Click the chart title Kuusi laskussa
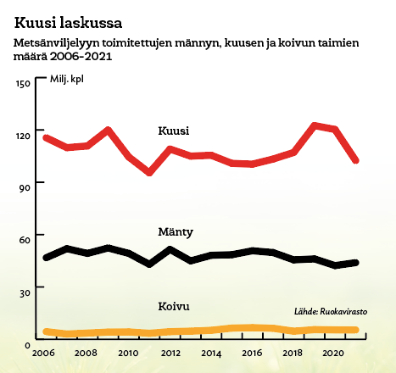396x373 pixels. pos(68,23)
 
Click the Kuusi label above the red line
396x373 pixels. pos(173,131)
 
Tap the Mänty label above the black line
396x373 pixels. pos(176,232)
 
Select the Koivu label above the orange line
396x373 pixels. pos(174,306)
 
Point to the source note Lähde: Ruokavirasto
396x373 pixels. pos(331,311)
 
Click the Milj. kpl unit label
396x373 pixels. pos(67,79)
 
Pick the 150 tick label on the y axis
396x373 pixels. pos(23,83)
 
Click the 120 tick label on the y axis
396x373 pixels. pos(23,136)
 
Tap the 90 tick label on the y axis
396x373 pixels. pos(25,188)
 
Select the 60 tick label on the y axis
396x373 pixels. pos(25,240)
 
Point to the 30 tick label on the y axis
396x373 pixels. pos(25,293)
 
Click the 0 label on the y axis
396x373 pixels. pos(27,345)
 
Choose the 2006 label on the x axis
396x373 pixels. pos(43,353)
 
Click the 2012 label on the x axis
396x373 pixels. pos(170,353)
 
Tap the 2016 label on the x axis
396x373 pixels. pos(252,353)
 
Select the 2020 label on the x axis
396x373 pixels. pos(333,353)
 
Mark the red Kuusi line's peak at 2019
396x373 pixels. pos(315,125)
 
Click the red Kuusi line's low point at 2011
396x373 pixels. pos(149,172)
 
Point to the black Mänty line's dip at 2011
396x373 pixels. pos(149,264)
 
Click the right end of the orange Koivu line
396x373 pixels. pos(356,330)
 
